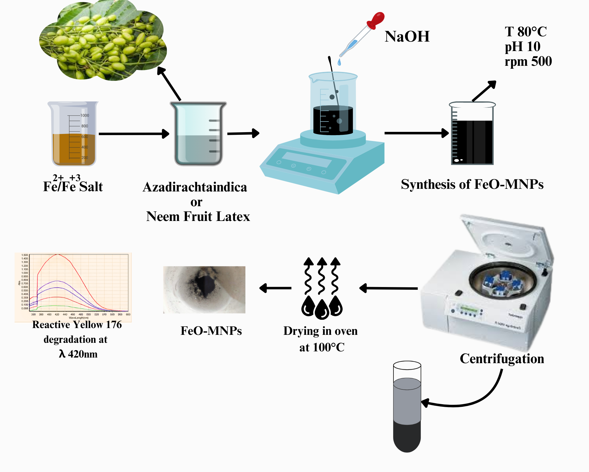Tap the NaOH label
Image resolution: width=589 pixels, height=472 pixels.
coord(407,37)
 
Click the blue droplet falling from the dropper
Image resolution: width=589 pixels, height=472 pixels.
coord(339,62)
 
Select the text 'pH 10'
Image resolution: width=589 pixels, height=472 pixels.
coord(522,47)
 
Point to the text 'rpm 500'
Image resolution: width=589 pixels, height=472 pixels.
coord(528,61)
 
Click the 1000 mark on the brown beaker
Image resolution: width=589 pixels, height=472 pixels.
coord(85,115)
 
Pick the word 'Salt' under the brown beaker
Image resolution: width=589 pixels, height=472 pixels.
coord(91,187)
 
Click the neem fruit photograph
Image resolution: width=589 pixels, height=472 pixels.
coord(103,41)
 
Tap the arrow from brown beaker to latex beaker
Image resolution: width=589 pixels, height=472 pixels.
coord(134,134)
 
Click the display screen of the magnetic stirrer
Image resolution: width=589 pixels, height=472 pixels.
coord(306,160)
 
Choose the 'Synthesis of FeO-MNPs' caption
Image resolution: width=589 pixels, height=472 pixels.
coord(472,184)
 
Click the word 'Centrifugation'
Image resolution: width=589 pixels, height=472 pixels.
coord(502,359)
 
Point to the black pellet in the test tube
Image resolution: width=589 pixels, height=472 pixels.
coord(407,437)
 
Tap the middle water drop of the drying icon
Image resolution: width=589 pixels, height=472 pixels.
coord(322,310)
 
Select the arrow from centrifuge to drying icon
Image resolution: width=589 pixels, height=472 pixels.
coord(389,288)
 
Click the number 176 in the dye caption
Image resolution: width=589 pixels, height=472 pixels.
coord(114,324)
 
